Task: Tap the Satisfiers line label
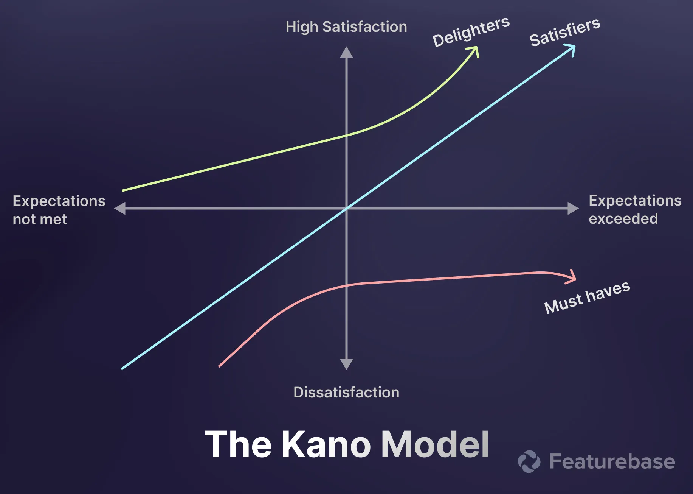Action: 565,32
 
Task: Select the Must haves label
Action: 587,298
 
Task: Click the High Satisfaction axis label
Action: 346,27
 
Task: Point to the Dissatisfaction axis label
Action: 346,393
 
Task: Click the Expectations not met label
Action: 59,210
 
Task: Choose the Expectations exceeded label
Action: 635,209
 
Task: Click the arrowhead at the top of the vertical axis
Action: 346,53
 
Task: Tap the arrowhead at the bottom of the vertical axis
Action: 346,364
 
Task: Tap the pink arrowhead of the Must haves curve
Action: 572,277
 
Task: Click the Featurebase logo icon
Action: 529,461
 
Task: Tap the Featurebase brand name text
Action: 612,461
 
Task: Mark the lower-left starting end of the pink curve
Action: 220,366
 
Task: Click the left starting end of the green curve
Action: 123,190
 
